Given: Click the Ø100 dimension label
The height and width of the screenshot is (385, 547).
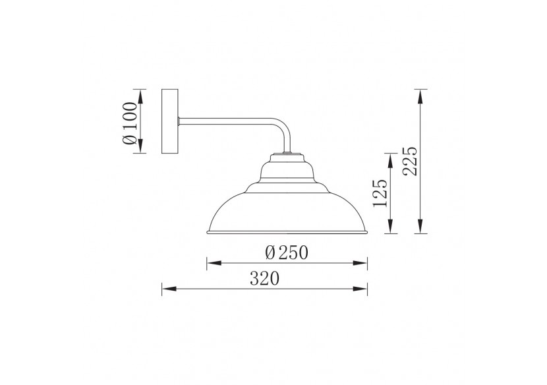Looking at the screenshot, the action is pos(129,123).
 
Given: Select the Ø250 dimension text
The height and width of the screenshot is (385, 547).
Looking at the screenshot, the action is pos(287,252).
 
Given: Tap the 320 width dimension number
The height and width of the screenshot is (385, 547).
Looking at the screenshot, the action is pos(265,279).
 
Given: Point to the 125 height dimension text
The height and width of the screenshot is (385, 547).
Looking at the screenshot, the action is pos(380,193).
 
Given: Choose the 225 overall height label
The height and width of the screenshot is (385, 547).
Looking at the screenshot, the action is pos(410,161).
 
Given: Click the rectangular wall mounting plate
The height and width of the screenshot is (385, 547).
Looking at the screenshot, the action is pos(170,121).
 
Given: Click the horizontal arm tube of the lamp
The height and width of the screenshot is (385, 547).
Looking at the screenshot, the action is pos(227,121).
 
